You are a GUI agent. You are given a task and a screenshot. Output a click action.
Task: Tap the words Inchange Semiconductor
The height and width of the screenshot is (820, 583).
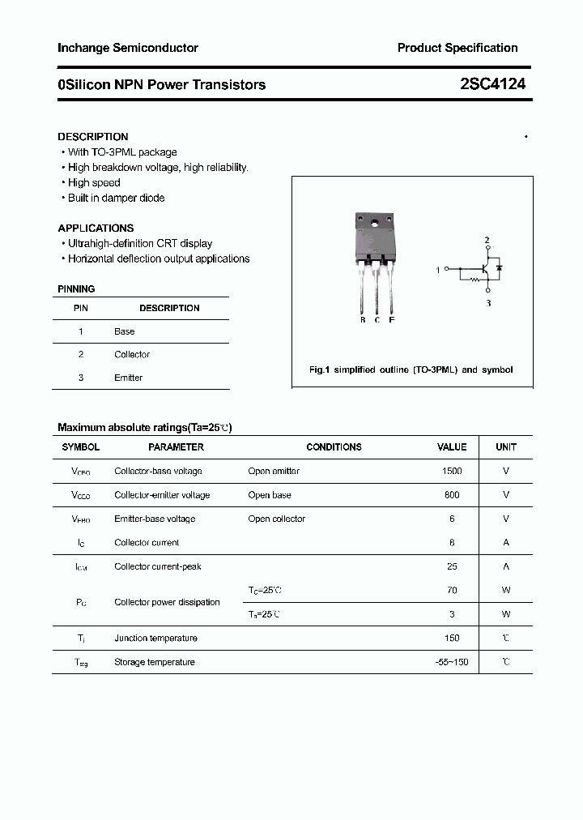pos(128,49)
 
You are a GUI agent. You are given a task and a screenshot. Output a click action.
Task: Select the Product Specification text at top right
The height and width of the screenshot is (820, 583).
pos(457,49)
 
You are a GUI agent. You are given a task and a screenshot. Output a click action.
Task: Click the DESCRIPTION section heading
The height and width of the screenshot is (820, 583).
pos(93,137)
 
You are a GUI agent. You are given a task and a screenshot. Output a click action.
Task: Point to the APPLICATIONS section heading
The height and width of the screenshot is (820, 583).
pos(96,228)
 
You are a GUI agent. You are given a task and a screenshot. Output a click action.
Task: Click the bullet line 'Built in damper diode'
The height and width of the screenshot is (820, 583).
pos(116,198)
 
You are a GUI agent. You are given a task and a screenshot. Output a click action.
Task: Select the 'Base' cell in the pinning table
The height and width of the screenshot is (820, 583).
pos(125,331)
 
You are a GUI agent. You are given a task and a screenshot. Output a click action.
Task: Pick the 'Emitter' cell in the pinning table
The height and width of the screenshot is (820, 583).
pos(128,378)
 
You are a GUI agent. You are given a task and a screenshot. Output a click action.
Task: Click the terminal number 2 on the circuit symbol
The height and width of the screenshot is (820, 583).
pos(487,241)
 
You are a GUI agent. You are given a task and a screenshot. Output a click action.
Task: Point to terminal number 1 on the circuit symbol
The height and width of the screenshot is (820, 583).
pos(438,269)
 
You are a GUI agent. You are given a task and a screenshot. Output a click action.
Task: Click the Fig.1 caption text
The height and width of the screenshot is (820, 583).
pos(411,369)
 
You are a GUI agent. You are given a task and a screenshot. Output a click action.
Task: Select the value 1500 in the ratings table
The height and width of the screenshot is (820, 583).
pos(452,472)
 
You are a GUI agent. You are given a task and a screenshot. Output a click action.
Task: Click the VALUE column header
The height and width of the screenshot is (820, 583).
pos(452,447)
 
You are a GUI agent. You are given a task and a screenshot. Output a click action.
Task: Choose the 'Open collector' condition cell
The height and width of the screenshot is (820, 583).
pos(277,519)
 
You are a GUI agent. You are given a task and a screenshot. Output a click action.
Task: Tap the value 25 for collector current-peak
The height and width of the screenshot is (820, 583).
pos(452,566)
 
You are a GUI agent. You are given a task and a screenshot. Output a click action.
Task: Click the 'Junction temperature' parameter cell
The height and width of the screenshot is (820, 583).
pos(155,638)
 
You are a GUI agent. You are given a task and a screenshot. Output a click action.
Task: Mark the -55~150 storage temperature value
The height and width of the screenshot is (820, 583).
pos(452,662)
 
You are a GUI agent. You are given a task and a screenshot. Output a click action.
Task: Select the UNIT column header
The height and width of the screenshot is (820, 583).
pos(506,447)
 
